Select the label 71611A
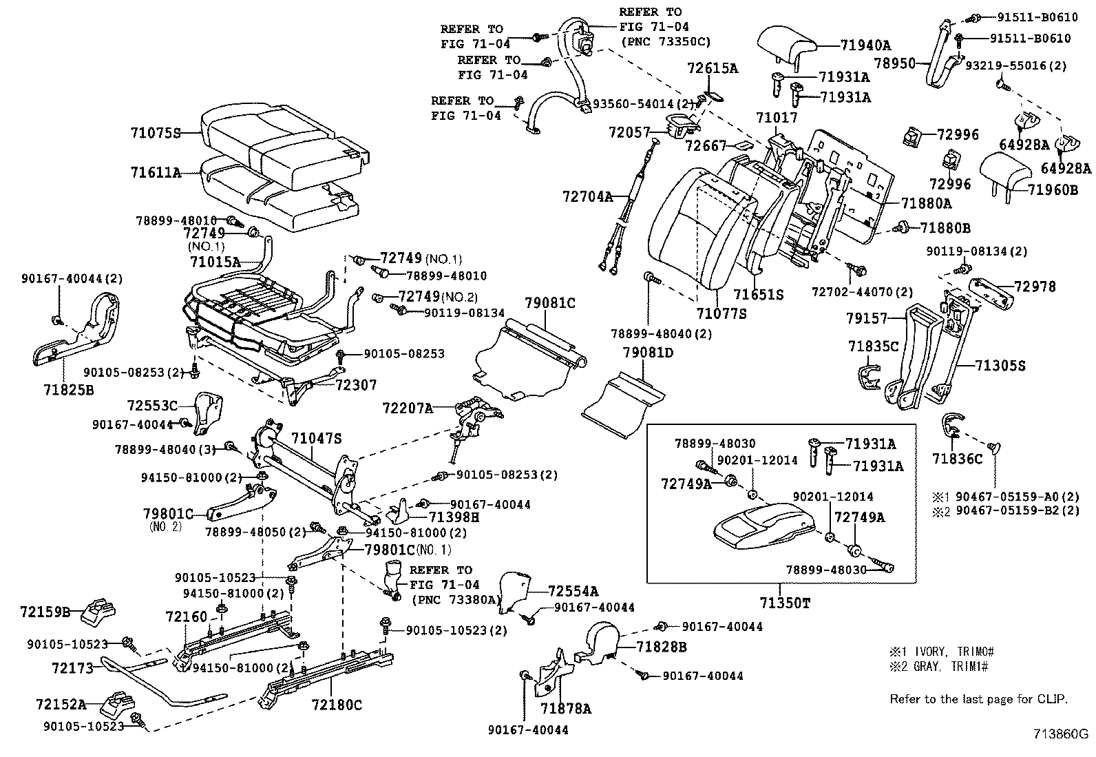(155, 173)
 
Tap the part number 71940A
(865, 46)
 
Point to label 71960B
(1053, 189)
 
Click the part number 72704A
(587, 196)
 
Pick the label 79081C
(550, 302)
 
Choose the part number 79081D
(648, 353)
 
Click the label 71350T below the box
(785, 603)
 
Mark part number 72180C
(336, 705)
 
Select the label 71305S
(1000, 366)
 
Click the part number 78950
(895, 63)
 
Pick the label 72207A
(408, 408)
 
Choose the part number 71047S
(316, 438)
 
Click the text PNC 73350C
(665, 41)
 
